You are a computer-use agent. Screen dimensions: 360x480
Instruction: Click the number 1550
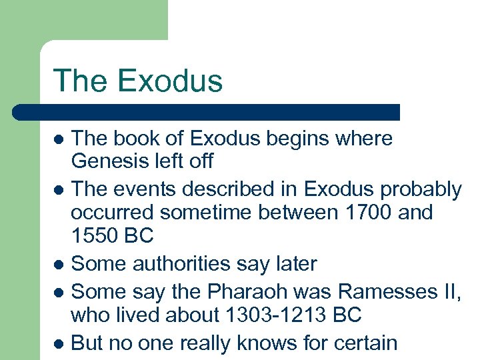tap(95, 236)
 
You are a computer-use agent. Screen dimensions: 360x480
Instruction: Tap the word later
tap(294, 264)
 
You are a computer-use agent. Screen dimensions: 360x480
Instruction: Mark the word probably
tap(419, 190)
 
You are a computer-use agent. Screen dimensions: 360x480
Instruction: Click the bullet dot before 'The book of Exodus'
tap(59, 140)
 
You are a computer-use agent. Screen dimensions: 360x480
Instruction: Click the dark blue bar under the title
tap(207, 112)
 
